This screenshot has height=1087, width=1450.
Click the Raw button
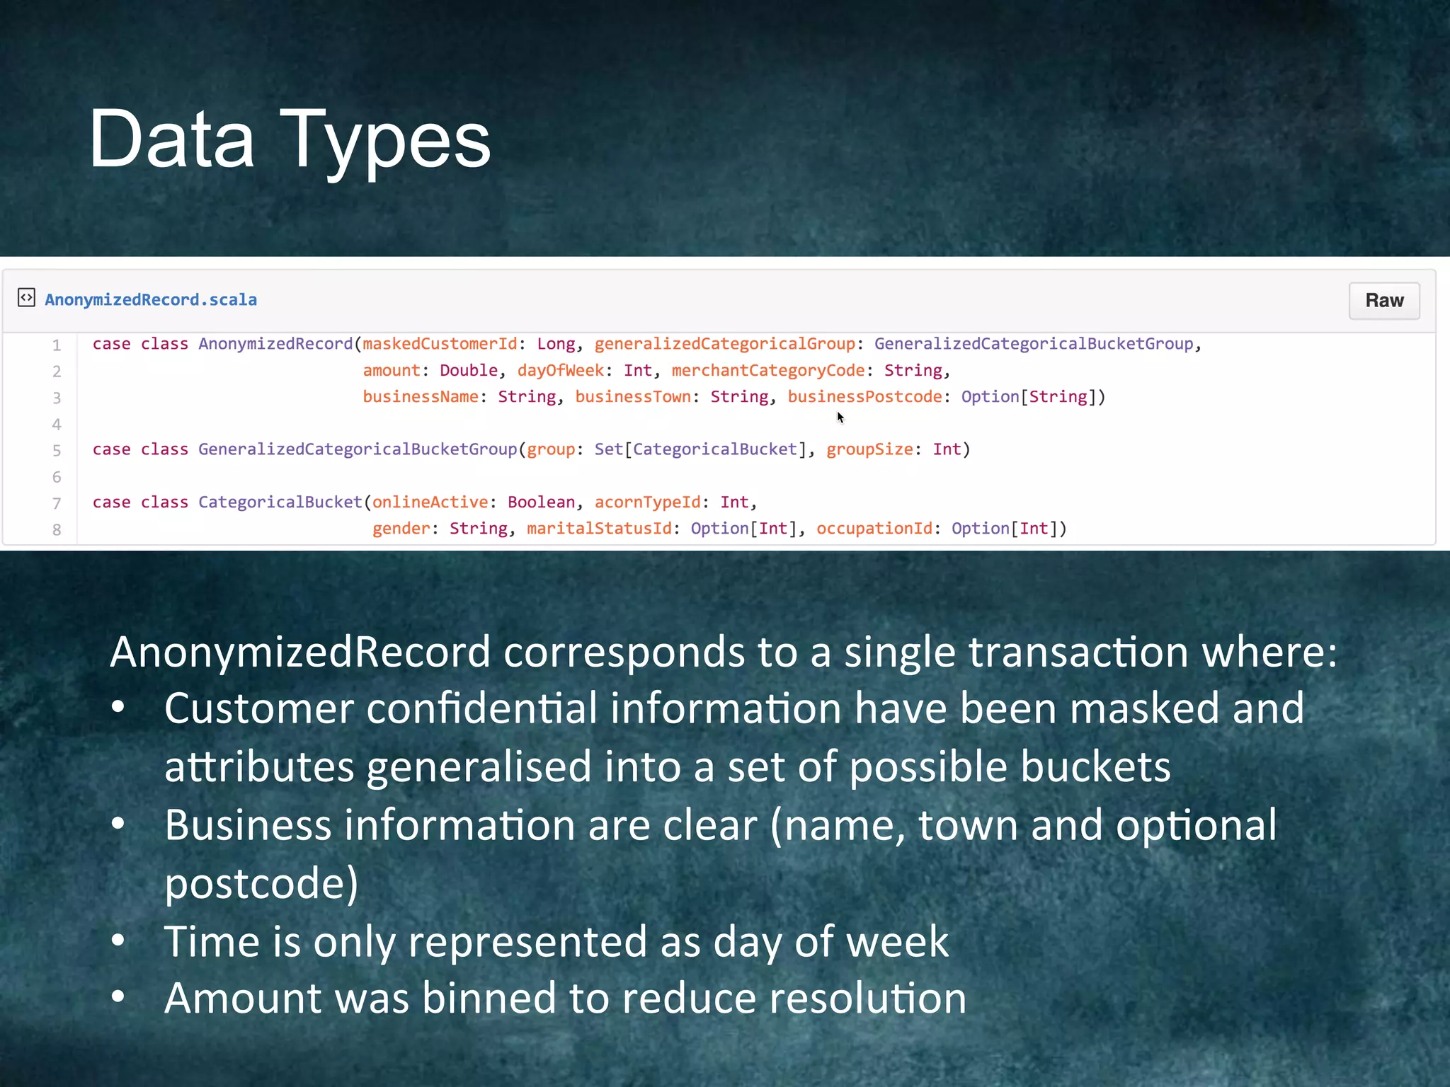1383,301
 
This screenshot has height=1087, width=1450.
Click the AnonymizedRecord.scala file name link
151,300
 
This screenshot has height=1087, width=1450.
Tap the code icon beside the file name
26,298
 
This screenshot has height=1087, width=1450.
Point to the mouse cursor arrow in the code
840,418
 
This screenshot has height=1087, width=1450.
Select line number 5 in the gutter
57,451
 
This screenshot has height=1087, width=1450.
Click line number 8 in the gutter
57,530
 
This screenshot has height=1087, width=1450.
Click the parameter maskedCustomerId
440,344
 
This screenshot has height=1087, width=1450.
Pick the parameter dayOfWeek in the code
560,371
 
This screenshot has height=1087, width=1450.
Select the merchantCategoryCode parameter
767,371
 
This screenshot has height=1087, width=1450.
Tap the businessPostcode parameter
864,397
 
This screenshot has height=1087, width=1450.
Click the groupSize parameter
869,449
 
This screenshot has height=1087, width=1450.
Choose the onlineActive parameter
430,502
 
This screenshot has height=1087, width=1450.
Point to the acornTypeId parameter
647,502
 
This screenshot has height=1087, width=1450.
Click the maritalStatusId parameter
599,529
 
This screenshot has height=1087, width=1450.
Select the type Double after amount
469,371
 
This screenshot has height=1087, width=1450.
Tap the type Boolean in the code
541,502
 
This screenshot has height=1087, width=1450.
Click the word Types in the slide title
385,139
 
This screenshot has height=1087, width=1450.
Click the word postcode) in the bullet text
261,883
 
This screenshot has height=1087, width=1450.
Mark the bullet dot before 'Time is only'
118,941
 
